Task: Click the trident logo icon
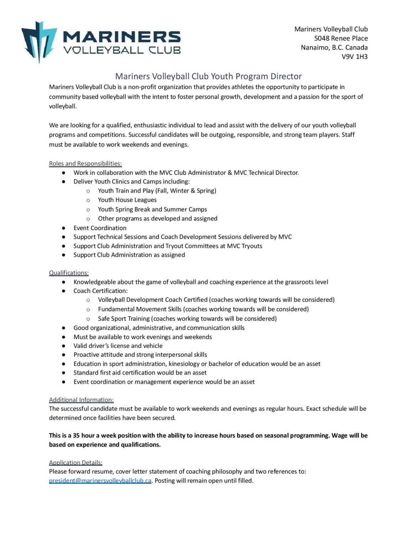pos(38,41)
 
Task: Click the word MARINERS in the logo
pos(122,37)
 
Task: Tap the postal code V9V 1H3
pos(354,56)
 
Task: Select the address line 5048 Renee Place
pos(341,38)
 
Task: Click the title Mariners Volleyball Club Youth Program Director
pos(208,76)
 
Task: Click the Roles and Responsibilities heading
pos(85,163)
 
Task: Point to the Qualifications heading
pos(69,273)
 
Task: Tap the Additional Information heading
pos(81,400)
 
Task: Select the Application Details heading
pos(76,463)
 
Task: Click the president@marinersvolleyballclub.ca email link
pos(100,481)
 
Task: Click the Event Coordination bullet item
pos(100,228)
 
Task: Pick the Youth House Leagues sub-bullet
pos(127,200)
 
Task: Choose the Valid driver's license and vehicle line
pos(118,346)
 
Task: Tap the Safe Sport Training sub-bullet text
pos(187,319)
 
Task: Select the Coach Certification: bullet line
pos(101,291)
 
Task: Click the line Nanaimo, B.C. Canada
pos(334,47)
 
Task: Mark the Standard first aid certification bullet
pos(140,373)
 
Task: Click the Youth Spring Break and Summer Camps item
pos(152,209)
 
